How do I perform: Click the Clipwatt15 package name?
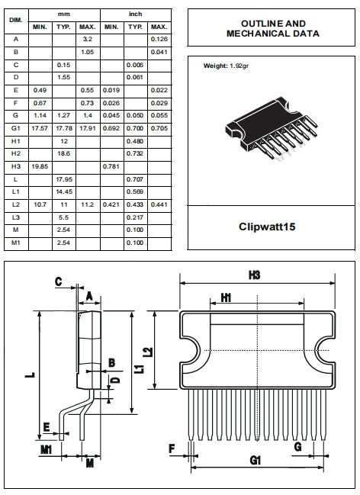[x=272, y=227]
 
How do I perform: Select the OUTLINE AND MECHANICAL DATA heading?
[x=272, y=29]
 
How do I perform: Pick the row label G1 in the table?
[x=16, y=129]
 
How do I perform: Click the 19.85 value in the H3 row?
[x=40, y=166]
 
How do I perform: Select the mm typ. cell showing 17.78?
[x=64, y=129]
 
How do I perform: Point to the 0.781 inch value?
[x=111, y=166]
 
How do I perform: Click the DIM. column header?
[x=16, y=21]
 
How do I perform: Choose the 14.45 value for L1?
[x=64, y=191]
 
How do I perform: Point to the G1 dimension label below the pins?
[x=256, y=460]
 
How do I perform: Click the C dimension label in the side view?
[x=58, y=281]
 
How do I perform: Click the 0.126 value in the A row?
[x=159, y=39]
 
